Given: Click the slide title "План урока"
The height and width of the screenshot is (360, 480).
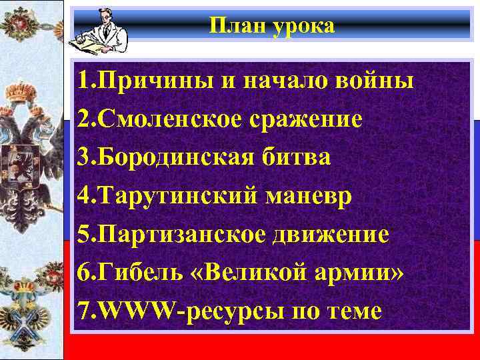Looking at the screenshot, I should (272, 26).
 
